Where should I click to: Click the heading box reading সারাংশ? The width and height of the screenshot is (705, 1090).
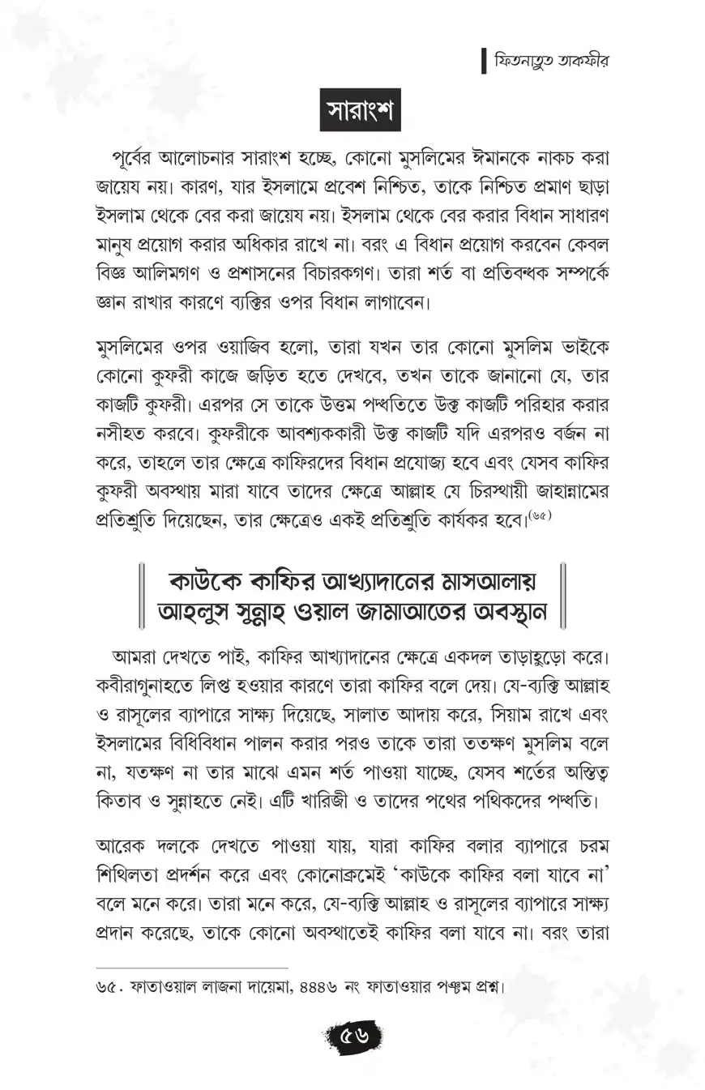(352, 111)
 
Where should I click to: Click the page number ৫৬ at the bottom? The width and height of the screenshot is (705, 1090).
(353, 1036)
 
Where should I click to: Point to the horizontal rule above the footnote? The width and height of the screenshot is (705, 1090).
(191, 968)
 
